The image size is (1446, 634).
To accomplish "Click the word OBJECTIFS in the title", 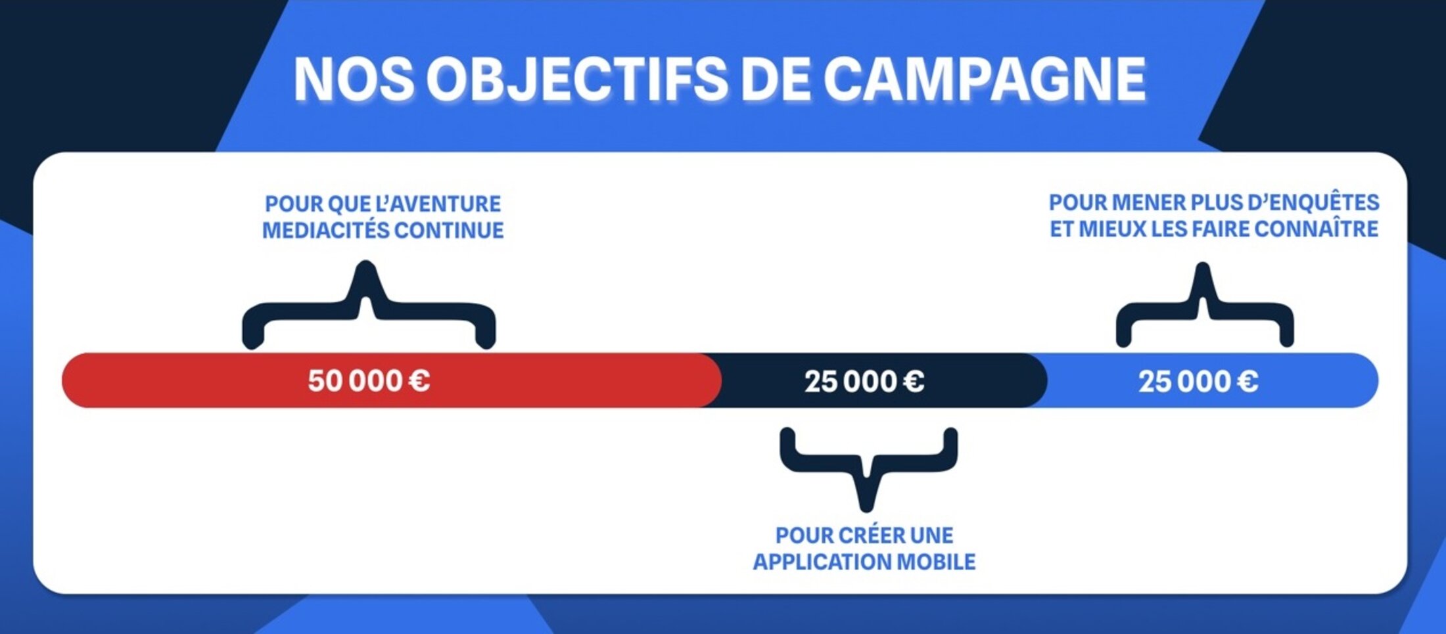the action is (x=577, y=79).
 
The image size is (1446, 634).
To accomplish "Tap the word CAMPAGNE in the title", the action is (x=985, y=79).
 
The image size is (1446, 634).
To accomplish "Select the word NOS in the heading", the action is (x=354, y=79).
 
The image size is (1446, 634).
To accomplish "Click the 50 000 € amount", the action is (x=369, y=381).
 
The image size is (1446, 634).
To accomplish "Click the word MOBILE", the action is (x=937, y=562).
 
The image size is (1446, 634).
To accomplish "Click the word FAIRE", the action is (x=1221, y=229).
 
